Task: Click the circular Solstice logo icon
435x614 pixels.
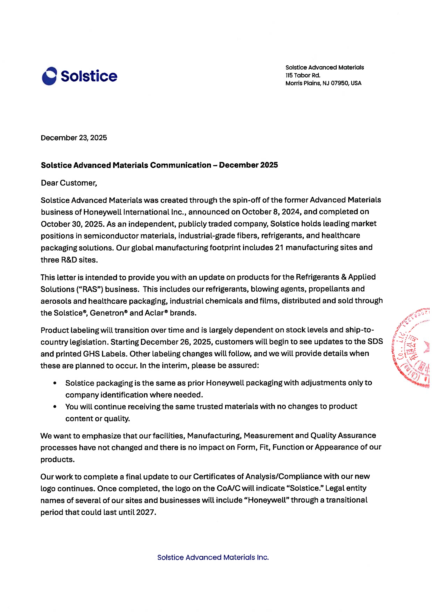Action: click(x=49, y=76)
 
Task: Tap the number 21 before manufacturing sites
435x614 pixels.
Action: click(x=279, y=248)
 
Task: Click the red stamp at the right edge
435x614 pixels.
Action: click(x=413, y=348)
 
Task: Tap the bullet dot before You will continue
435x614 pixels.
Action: click(x=55, y=407)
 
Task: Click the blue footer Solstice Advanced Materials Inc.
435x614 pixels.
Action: click(x=213, y=557)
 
